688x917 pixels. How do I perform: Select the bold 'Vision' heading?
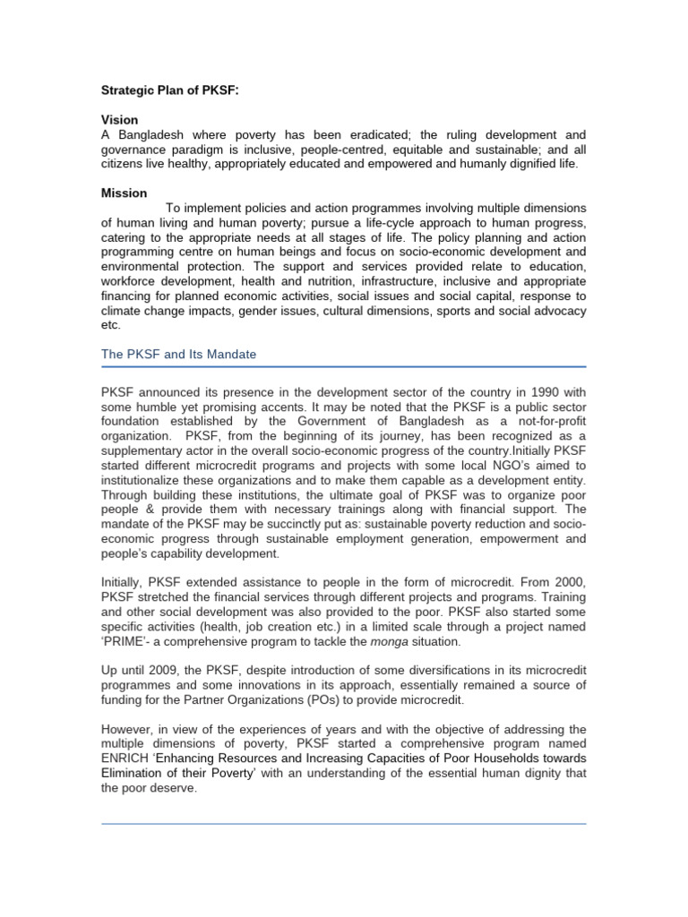point(120,119)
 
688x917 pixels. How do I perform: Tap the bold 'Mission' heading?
point(125,193)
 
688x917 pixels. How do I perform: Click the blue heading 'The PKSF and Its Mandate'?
point(178,355)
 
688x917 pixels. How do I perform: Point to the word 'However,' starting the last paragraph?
point(128,730)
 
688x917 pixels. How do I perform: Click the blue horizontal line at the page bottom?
point(343,824)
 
